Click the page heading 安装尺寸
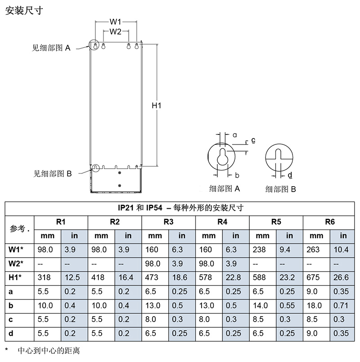(24, 10)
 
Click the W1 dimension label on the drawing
(116, 22)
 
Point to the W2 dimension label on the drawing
(116, 31)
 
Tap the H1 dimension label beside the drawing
(156, 105)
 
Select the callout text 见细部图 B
(53, 173)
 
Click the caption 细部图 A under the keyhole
(225, 188)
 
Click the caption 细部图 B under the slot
(281, 189)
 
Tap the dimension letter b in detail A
(237, 175)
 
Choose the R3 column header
(168, 222)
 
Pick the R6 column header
(330, 222)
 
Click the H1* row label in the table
(17, 277)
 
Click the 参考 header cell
(19, 228)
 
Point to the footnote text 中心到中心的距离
(49, 350)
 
